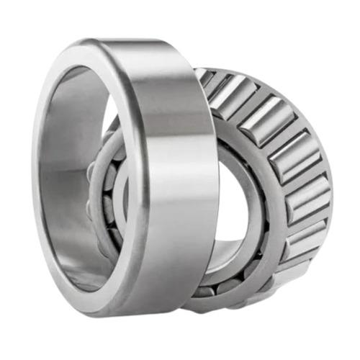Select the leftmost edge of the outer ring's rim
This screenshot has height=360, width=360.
[x=36, y=180]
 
